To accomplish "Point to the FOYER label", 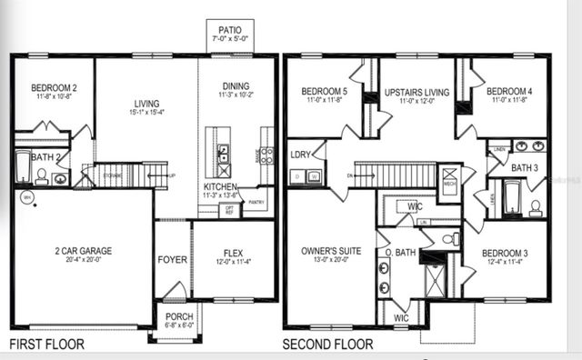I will pos(172,260).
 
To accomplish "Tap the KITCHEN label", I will pos(220,185).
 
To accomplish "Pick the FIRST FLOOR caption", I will pos(47,345).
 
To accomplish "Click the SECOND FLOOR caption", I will pos(327,345).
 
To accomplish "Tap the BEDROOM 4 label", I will pos(508,92).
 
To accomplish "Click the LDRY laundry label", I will pos(301,155).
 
